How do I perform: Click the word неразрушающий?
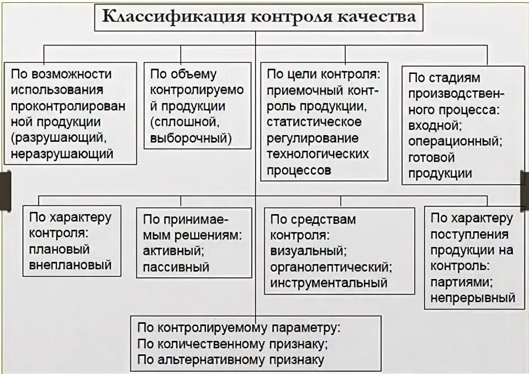62,154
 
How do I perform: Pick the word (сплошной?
180,122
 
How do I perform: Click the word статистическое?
314,121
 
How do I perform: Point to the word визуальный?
308,251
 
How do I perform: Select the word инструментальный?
328,284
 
